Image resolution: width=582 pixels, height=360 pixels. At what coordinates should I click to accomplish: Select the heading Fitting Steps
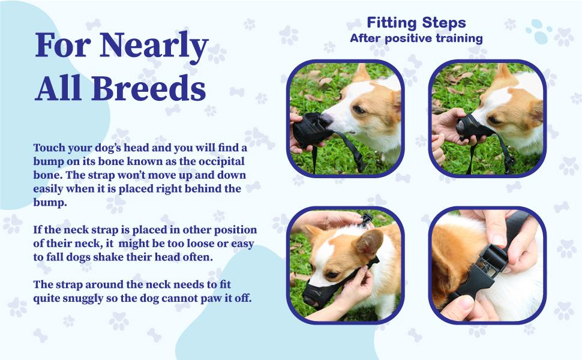[x=416, y=23]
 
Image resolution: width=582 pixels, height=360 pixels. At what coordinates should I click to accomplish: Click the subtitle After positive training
[x=416, y=38]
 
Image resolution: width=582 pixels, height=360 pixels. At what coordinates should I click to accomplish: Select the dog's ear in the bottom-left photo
[x=369, y=243]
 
